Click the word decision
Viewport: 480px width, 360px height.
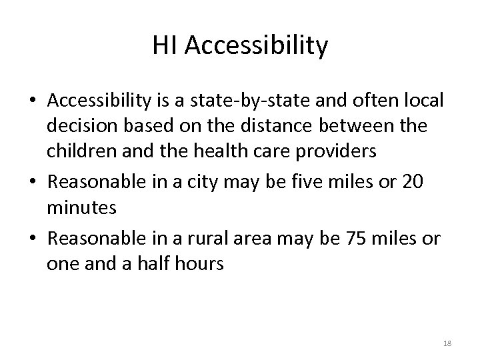(x=78, y=126)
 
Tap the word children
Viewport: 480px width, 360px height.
(x=78, y=151)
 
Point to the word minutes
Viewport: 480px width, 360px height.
(x=82, y=207)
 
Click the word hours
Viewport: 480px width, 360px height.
(x=201, y=263)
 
